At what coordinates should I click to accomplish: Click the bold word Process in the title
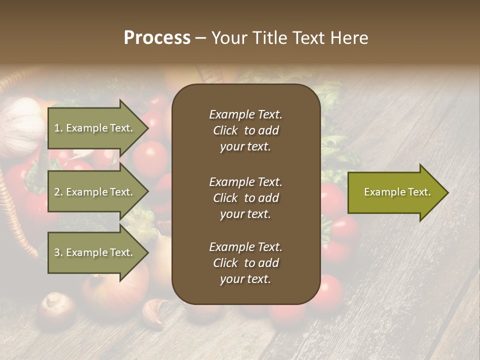[x=157, y=38]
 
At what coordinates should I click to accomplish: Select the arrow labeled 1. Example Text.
[x=95, y=128]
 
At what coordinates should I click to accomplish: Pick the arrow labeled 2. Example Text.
[x=95, y=192]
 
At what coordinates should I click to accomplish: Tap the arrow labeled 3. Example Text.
[x=95, y=252]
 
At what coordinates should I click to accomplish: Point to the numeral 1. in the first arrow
[x=58, y=128]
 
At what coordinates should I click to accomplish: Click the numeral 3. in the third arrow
[x=58, y=253]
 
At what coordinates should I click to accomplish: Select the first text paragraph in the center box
[x=245, y=130]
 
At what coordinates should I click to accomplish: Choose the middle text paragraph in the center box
[x=245, y=198]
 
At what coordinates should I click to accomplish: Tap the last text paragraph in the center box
[x=245, y=263]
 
